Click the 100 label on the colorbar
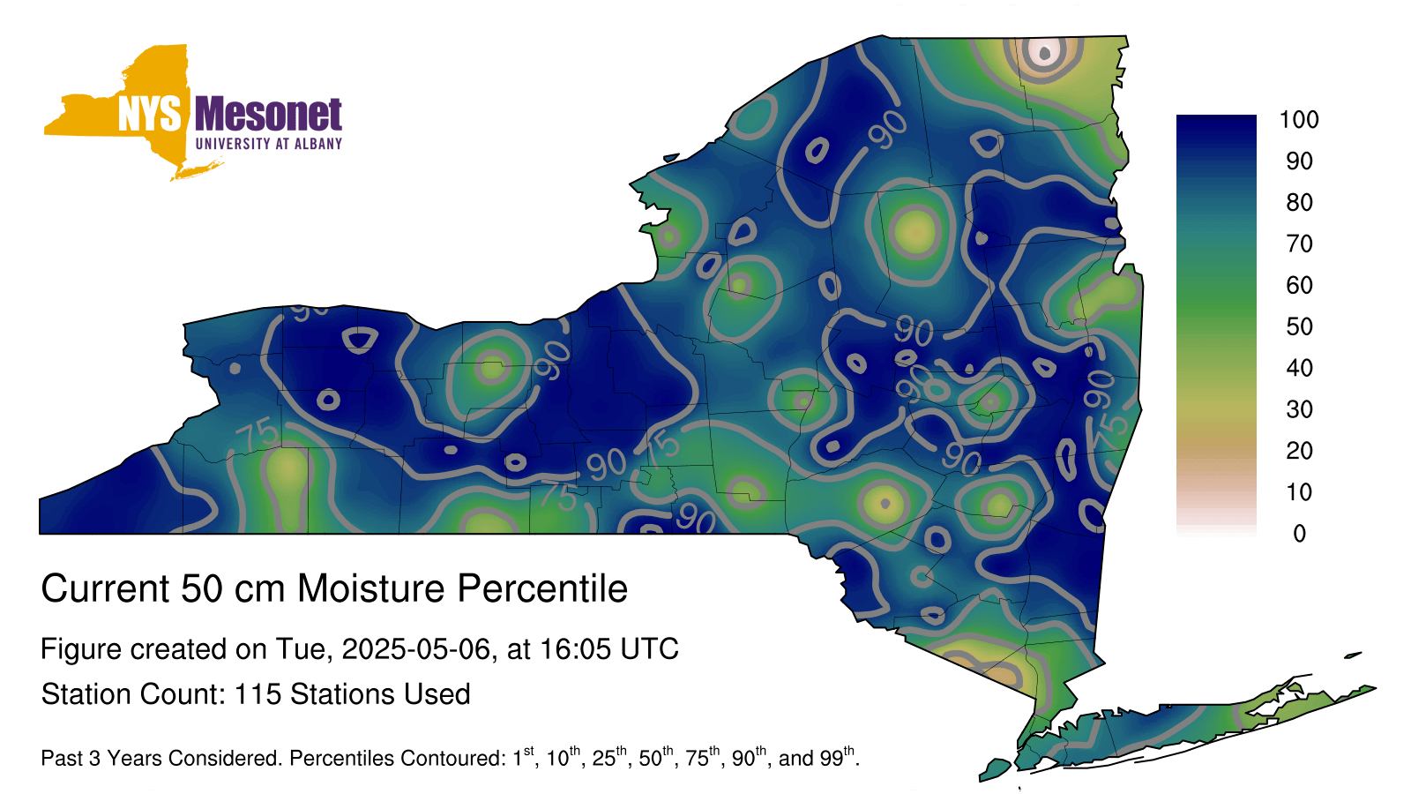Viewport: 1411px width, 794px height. coord(1299,120)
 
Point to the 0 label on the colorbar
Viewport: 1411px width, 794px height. coord(1300,534)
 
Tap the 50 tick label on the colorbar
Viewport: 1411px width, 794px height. coord(1300,326)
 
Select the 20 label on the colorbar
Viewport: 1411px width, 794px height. coord(1300,451)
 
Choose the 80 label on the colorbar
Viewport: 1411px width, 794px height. coord(1300,202)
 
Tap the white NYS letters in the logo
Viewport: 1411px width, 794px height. coord(150,114)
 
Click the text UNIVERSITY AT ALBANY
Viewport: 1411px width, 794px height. coord(269,144)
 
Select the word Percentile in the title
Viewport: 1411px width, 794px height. coord(542,588)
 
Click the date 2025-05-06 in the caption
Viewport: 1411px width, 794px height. coord(415,648)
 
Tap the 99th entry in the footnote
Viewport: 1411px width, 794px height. coord(837,756)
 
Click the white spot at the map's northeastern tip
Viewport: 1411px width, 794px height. coord(1044,53)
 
